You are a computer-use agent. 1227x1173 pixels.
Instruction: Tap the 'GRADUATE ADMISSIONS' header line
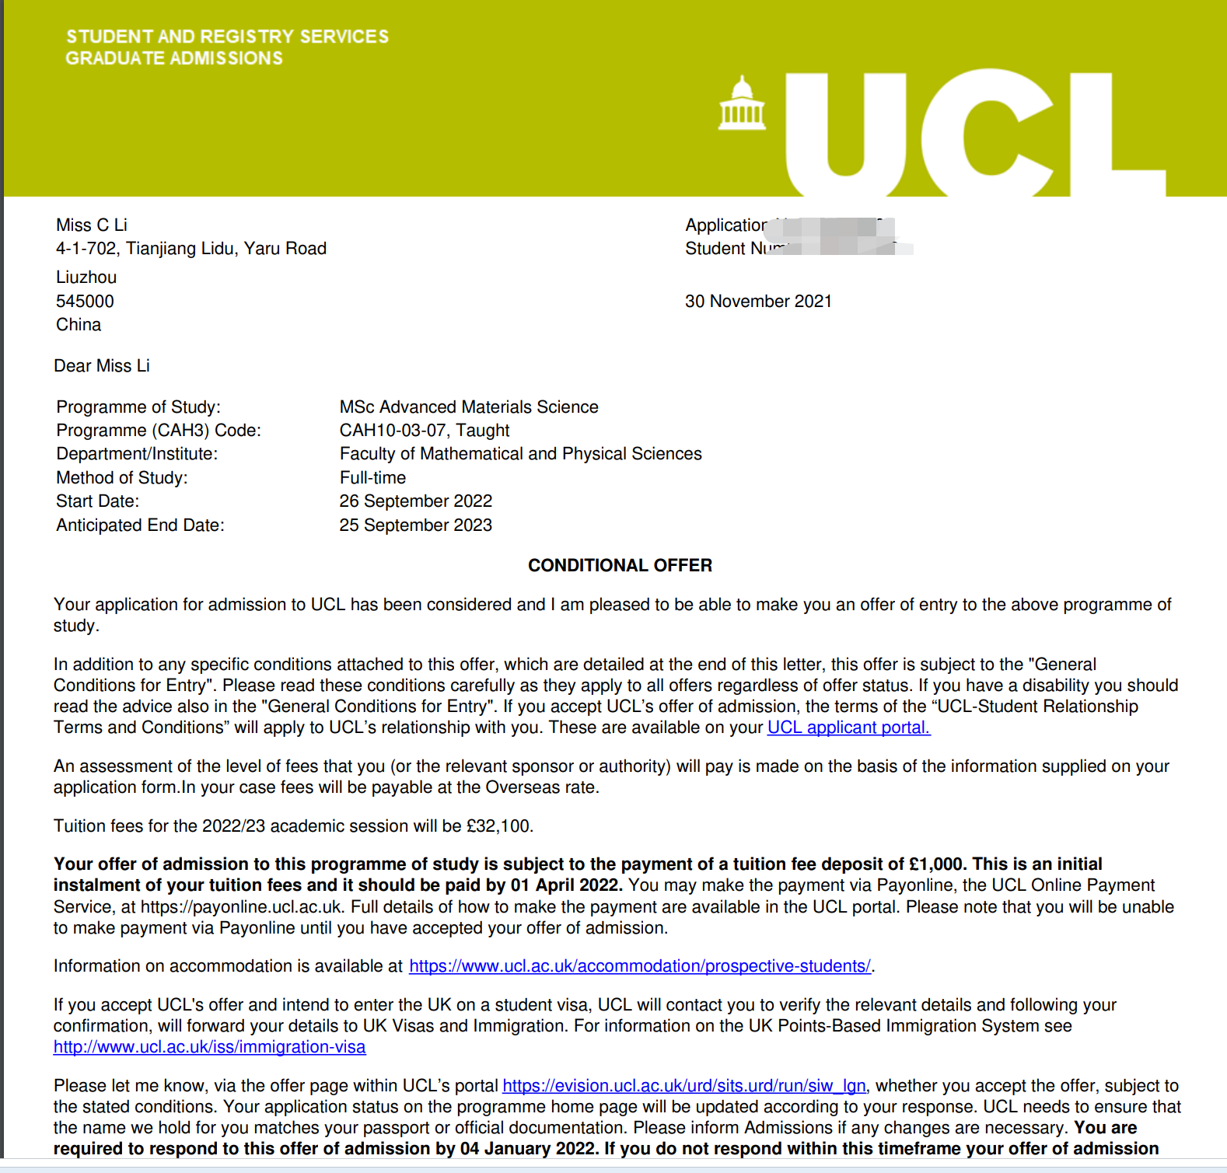pos(174,58)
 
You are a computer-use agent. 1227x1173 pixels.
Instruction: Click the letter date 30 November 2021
pos(758,302)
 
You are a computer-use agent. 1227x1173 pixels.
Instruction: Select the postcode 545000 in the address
pos(85,302)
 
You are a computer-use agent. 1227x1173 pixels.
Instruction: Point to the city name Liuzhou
pos(86,278)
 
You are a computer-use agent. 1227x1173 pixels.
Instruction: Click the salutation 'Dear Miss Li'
pos(102,366)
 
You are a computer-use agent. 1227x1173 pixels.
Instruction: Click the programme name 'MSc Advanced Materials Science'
pos(469,407)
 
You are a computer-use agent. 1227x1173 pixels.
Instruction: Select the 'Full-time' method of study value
pos(372,478)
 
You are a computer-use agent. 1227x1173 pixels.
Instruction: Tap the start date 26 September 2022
pos(416,501)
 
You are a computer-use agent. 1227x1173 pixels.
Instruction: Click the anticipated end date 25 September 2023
pos(416,525)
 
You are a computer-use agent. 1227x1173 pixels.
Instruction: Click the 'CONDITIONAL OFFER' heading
pos(620,565)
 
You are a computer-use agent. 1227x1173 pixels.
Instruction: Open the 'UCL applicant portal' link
pos(848,728)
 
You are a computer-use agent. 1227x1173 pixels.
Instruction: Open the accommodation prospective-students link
pos(639,966)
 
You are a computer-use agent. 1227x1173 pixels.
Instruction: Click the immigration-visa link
pos(209,1047)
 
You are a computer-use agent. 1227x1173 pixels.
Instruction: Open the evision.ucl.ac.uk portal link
pos(683,1086)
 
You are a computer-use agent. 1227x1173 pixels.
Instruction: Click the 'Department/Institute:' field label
pos(137,454)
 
